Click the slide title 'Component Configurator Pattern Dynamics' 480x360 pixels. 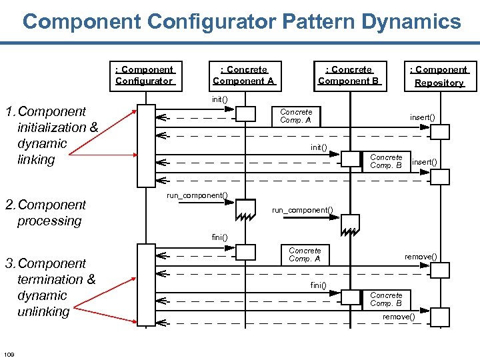click(x=241, y=21)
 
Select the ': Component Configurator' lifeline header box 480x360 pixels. click(x=144, y=75)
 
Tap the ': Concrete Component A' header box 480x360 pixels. click(x=243, y=75)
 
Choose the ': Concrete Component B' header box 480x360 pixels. click(x=349, y=75)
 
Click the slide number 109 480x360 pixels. click(x=9, y=353)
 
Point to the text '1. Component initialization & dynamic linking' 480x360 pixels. click(x=52, y=135)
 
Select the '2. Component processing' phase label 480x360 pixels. click(x=45, y=213)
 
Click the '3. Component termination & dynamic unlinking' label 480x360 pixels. click(x=51, y=287)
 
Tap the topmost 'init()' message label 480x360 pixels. click(x=219, y=99)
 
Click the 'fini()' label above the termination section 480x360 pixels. click(x=219, y=237)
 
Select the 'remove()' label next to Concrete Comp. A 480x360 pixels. click(x=421, y=257)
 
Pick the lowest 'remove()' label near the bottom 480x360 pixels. click(x=399, y=317)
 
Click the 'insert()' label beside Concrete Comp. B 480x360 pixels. click(x=425, y=162)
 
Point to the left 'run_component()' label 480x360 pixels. click(x=197, y=195)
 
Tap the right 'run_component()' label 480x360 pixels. click(x=302, y=210)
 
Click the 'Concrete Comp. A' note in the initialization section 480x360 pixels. click(x=296, y=116)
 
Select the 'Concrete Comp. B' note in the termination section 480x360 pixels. click(x=386, y=299)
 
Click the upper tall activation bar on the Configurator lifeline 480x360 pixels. click(x=145, y=145)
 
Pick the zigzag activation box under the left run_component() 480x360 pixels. click(x=245, y=209)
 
